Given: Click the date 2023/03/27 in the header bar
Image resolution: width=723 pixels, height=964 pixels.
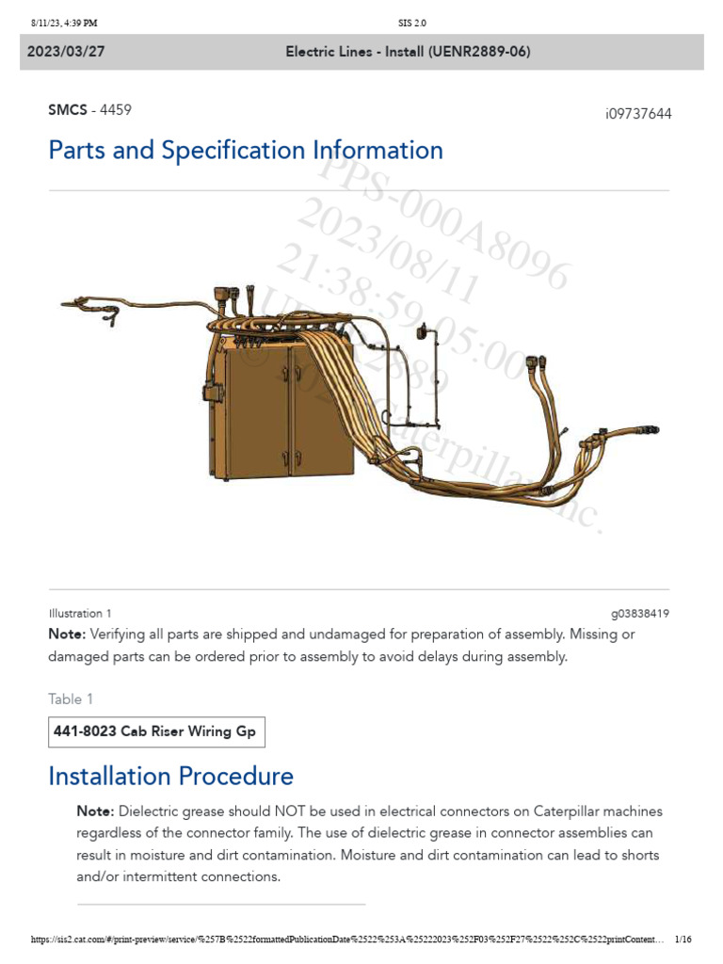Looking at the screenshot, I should [x=66, y=52].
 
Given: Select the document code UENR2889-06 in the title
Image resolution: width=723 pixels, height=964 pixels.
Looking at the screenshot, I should [x=480, y=52].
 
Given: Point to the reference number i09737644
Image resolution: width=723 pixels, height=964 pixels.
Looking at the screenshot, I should [x=638, y=114].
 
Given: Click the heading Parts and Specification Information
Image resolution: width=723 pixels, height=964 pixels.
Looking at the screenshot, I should [x=246, y=151].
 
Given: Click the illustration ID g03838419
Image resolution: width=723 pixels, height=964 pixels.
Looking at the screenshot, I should [x=640, y=613].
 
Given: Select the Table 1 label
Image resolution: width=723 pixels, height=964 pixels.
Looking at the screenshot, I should [x=71, y=699].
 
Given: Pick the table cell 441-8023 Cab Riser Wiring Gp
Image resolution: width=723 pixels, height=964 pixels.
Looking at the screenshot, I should [x=156, y=731].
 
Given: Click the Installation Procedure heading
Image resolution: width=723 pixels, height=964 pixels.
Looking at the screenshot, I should [x=170, y=777].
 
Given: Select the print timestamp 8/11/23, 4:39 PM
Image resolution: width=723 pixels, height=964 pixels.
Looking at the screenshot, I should [x=64, y=23].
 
